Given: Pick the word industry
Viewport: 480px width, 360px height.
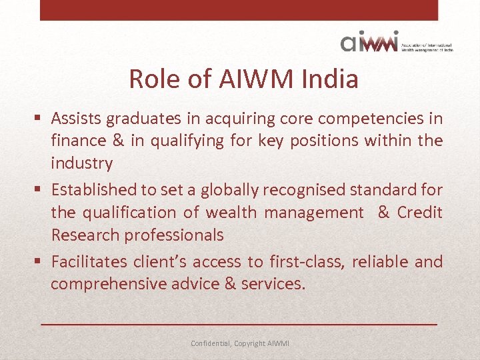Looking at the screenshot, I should [x=81, y=163].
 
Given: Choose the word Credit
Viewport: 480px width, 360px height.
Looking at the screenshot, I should [x=419, y=213].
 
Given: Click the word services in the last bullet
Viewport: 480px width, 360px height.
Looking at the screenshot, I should [x=273, y=284].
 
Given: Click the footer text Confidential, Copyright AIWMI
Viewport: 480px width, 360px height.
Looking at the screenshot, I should [x=240, y=343].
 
